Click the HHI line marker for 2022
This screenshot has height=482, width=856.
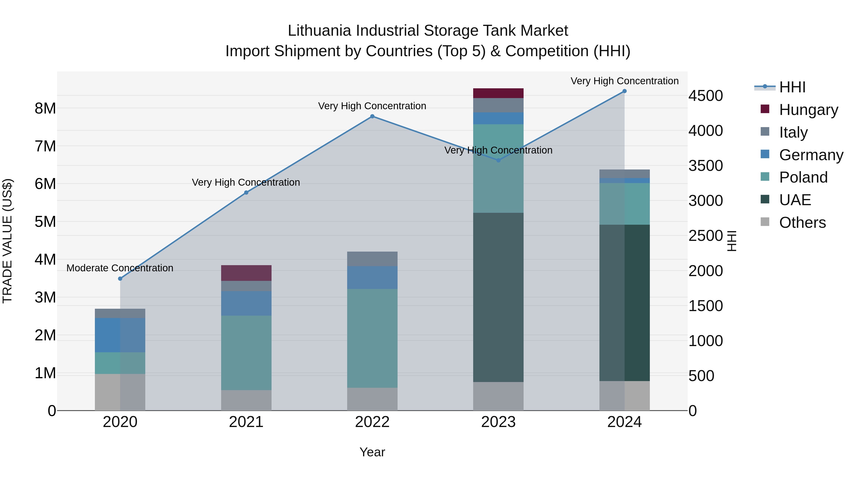point(372,116)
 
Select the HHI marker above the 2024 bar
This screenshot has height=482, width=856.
point(624,91)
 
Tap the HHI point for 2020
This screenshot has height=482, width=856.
point(120,279)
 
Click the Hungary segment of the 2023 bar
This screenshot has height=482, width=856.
point(498,93)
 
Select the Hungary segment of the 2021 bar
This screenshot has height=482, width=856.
point(246,273)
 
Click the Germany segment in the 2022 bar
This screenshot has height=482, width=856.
point(372,278)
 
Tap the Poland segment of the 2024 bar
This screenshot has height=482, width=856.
point(624,204)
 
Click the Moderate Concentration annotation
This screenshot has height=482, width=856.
point(120,268)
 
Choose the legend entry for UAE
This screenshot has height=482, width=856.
point(795,200)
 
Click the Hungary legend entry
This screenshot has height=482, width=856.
point(808,110)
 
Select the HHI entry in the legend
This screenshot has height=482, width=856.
point(792,87)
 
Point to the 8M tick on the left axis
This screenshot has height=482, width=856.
point(45,109)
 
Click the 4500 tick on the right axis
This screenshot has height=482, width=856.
point(705,96)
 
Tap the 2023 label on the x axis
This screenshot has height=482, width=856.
point(498,422)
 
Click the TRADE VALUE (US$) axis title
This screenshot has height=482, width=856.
point(7,241)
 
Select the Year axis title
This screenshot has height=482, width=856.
point(372,452)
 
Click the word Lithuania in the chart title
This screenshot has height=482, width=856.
point(319,31)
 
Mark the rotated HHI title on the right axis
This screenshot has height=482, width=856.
point(732,241)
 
